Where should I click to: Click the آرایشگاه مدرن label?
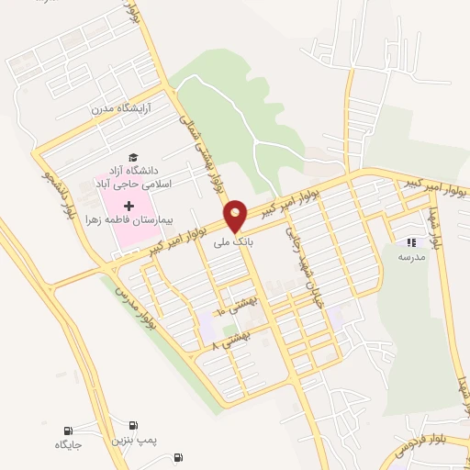127,109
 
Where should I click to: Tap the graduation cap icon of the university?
134,157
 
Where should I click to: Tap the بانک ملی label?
231,243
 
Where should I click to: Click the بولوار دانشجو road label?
56,191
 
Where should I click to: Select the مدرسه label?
410,258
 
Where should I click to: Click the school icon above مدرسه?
411,242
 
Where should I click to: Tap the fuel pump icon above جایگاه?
68,430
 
